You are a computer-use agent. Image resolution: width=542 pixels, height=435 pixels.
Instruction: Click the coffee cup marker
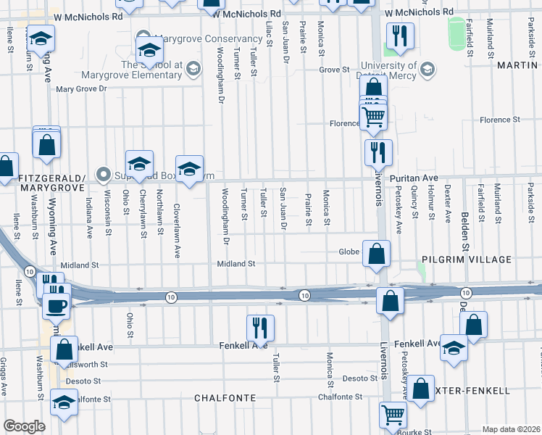click(x=57, y=305)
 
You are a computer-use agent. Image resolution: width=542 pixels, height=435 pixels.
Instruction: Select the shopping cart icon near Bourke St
click(x=393, y=415)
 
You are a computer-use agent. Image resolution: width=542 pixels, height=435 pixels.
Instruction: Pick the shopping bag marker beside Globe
click(x=377, y=254)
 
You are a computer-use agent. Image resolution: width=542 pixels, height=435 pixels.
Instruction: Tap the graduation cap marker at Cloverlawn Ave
click(x=189, y=170)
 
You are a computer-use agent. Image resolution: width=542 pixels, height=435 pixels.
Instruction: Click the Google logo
click(x=24, y=426)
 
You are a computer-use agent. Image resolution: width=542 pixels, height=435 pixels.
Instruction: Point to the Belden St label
click(x=464, y=210)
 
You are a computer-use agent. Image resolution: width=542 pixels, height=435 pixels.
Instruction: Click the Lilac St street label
click(x=269, y=33)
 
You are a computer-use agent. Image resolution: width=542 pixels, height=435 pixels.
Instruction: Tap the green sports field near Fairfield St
click(x=456, y=32)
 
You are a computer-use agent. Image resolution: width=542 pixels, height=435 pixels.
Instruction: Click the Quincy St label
click(x=414, y=203)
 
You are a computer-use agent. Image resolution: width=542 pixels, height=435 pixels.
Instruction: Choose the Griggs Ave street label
click(x=4, y=376)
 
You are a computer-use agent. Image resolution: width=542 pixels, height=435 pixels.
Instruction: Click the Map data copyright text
click(x=511, y=429)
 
